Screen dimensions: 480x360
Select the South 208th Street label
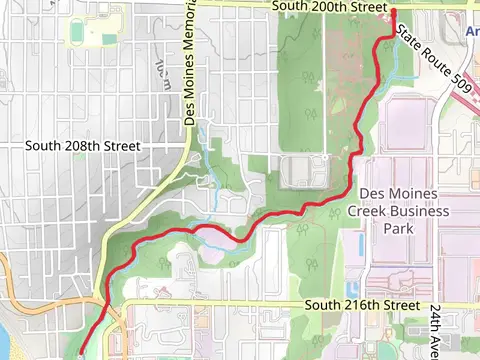pos(83,145)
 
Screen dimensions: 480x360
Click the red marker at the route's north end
pos(393,12)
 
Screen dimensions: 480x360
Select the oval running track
pos(78,33)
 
